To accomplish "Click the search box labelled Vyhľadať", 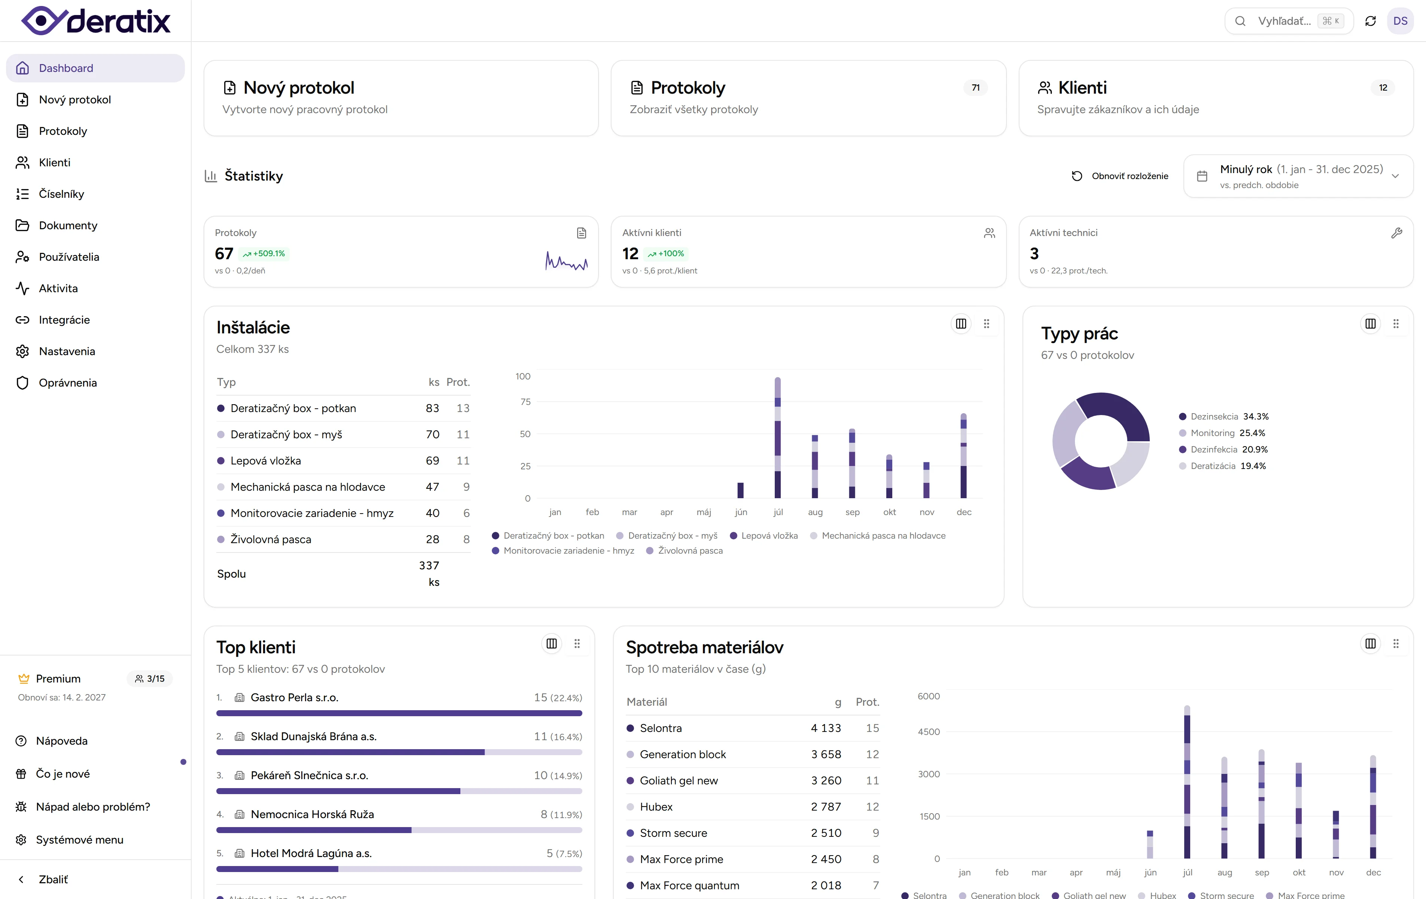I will [1283, 21].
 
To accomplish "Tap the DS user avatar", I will [1399, 21].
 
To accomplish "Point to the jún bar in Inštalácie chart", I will [740, 490].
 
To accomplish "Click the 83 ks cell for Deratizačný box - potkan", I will [432, 408].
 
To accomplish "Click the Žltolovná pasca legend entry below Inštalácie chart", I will [690, 551].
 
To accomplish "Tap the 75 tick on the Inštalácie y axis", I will [525, 402].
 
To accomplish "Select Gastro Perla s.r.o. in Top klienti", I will [294, 697].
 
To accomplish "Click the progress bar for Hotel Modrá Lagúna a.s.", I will [399, 869].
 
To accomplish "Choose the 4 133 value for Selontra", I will [826, 728].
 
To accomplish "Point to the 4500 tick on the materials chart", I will [929, 732].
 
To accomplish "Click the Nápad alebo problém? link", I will [93, 806].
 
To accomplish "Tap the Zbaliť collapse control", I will [53, 880].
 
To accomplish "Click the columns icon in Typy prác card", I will [1370, 324].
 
